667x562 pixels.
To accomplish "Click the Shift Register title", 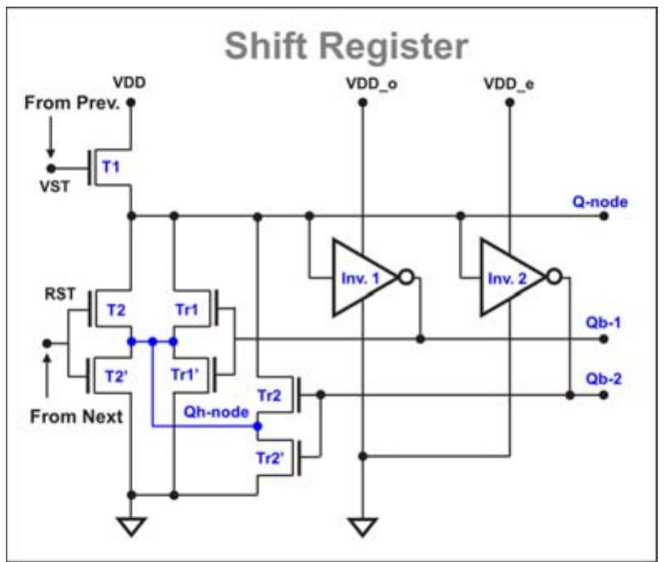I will click(347, 47).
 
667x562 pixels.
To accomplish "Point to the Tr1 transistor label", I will click(187, 310).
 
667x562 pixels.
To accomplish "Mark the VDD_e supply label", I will click(509, 85).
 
